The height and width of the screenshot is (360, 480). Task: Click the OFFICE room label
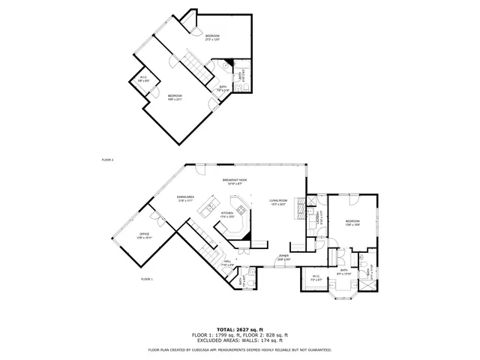coord(144,235)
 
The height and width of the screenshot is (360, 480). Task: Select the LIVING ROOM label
coord(279,201)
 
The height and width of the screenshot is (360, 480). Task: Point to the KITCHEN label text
coord(226,214)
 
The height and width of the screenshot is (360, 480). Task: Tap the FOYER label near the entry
coord(283,256)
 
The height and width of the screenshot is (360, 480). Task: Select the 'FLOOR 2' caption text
coord(107,160)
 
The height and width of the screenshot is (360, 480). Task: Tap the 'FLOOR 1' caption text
coord(146,279)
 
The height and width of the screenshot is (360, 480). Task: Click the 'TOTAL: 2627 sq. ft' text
coord(239,329)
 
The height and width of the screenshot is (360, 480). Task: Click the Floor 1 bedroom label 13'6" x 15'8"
coord(352,222)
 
